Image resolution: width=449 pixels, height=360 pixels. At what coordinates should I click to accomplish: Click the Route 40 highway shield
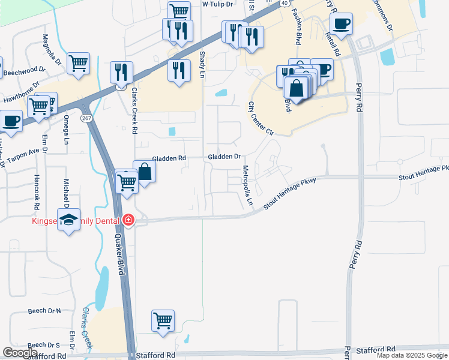(283, 3)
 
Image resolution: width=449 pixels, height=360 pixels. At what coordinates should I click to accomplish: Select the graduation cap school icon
(69, 220)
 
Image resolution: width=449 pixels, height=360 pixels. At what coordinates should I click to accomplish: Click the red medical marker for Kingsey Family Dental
(127, 221)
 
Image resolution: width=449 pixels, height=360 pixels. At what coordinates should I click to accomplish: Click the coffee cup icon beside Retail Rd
(341, 24)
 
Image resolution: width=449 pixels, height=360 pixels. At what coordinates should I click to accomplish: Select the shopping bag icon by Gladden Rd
(145, 172)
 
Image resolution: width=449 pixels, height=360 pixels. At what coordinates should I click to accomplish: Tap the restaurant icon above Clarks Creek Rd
(122, 72)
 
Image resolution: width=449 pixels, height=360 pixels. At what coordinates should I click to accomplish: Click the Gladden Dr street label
(224, 157)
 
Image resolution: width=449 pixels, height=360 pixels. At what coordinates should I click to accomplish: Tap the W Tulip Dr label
(217, 4)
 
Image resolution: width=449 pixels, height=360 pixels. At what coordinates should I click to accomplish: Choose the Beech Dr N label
(44, 311)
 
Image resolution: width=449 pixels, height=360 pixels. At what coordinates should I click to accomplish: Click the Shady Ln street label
(202, 64)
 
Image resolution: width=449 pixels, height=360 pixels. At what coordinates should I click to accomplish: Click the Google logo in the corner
(20, 353)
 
